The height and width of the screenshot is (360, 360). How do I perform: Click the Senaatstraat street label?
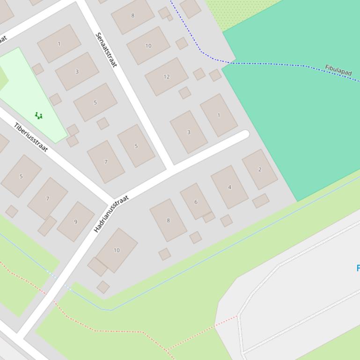106,50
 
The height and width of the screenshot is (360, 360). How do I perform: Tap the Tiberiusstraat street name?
31,137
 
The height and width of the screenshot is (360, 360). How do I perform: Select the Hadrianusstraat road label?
111,214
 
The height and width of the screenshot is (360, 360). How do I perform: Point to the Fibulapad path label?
338,70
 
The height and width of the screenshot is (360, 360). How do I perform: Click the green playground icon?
38,115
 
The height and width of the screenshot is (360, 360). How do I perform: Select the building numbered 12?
166,77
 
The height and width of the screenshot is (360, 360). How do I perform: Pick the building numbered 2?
260,169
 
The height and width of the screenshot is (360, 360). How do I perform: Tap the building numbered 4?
229,187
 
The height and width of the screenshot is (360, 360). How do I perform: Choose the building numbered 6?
196,202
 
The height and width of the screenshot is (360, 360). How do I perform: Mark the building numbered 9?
75,222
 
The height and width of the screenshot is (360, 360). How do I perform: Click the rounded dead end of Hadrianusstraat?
244,135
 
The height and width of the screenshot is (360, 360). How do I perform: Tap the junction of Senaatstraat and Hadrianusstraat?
170,169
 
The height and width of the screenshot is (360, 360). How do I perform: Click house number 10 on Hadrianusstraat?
117,250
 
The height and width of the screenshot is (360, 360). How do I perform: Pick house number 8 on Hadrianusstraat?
168,220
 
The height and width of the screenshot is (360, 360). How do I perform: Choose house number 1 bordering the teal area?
219,115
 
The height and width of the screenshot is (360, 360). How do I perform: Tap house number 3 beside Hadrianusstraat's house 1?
189,132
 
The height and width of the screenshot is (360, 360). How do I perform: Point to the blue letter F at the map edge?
358,268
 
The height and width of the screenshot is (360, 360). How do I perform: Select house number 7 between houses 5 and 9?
47,199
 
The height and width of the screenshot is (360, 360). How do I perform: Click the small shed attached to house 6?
209,217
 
